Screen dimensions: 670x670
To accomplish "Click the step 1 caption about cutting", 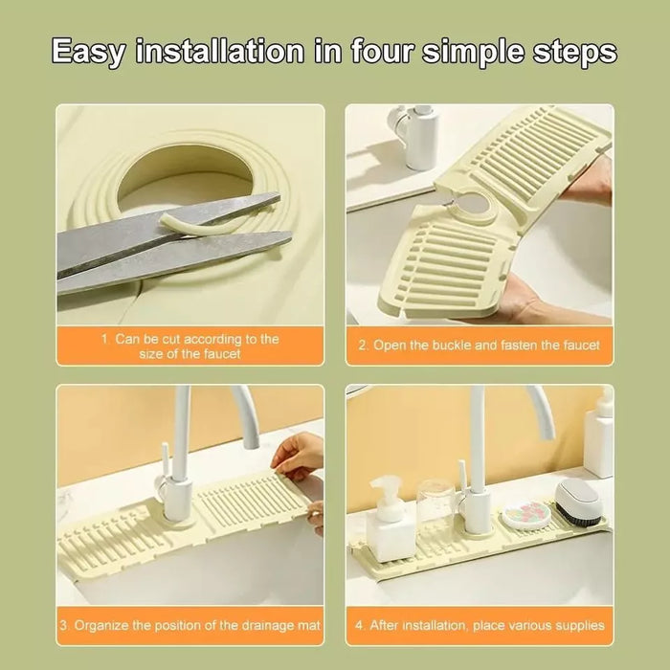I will pos(190,346).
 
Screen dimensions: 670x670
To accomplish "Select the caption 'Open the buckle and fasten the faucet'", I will pos(479,346).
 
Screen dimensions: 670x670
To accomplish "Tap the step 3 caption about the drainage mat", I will pos(190,625).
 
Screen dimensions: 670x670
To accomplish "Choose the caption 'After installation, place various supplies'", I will pos(479,625).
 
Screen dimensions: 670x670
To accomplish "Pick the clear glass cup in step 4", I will pos(435,512).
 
